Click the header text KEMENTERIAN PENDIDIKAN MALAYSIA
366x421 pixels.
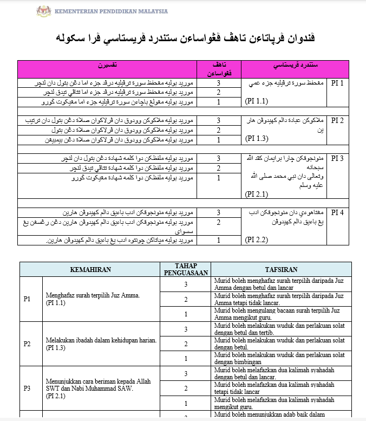[111, 11]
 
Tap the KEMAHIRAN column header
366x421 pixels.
[90, 269]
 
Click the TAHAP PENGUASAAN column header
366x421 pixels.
[185, 269]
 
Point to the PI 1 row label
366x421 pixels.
[337, 83]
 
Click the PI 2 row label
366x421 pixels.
[337, 120]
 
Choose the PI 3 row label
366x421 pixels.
[337, 158]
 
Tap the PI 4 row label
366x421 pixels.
[337, 212]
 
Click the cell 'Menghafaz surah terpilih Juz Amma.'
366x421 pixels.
[93, 295]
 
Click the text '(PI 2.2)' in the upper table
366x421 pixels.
[257, 239]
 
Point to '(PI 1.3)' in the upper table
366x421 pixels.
[257, 139]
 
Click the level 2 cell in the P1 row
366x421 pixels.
[185, 299]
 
